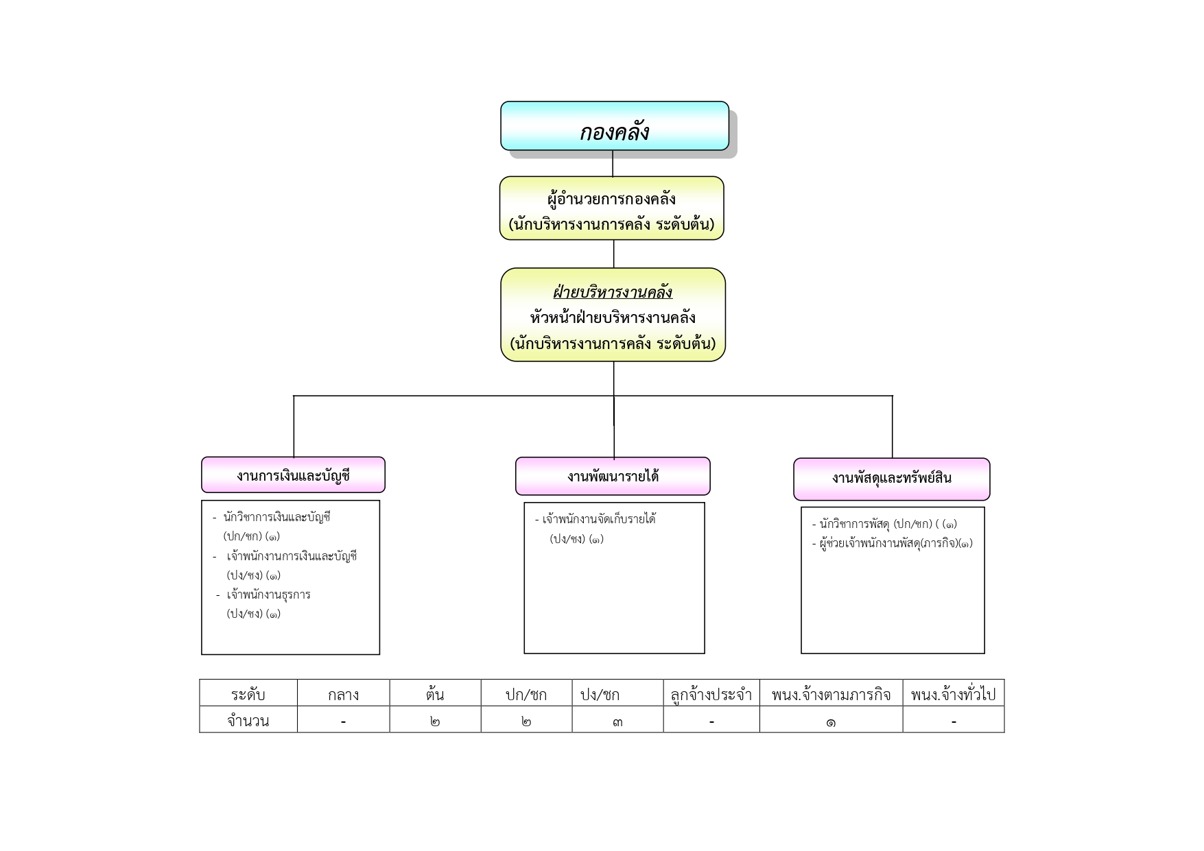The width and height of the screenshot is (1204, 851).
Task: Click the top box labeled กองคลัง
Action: pos(614,126)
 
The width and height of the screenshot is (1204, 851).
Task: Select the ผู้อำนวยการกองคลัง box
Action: pos(611,208)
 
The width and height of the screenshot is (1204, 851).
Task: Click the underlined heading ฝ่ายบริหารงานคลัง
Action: pos(613,293)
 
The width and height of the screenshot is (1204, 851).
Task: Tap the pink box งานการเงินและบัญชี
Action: pos(293,475)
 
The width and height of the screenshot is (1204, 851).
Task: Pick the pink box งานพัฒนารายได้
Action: pos(613,476)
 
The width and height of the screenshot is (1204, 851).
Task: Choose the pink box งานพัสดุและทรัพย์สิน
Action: pos(892,479)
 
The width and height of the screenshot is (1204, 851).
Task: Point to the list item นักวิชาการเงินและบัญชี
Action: pos(276,517)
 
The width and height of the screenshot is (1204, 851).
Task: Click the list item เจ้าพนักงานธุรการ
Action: pos(268,595)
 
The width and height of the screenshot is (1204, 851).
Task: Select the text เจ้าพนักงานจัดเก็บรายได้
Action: pos(599,519)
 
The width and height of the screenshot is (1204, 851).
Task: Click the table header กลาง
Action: pos(343,694)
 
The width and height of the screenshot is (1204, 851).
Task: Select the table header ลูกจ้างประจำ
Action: pos(711,694)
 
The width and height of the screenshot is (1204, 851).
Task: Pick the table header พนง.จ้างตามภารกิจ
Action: pos(831,694)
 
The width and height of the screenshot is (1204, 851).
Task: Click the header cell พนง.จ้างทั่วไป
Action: pos(953,694)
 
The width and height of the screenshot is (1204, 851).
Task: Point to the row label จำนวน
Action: pos(248,721)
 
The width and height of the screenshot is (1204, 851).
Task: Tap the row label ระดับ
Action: pos(248,694)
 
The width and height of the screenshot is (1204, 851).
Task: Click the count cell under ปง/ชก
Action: pos(617,721)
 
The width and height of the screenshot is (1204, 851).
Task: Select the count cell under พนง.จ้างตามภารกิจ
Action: pos(831,721)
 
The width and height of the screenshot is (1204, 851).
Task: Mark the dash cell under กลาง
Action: pos(343,721)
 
